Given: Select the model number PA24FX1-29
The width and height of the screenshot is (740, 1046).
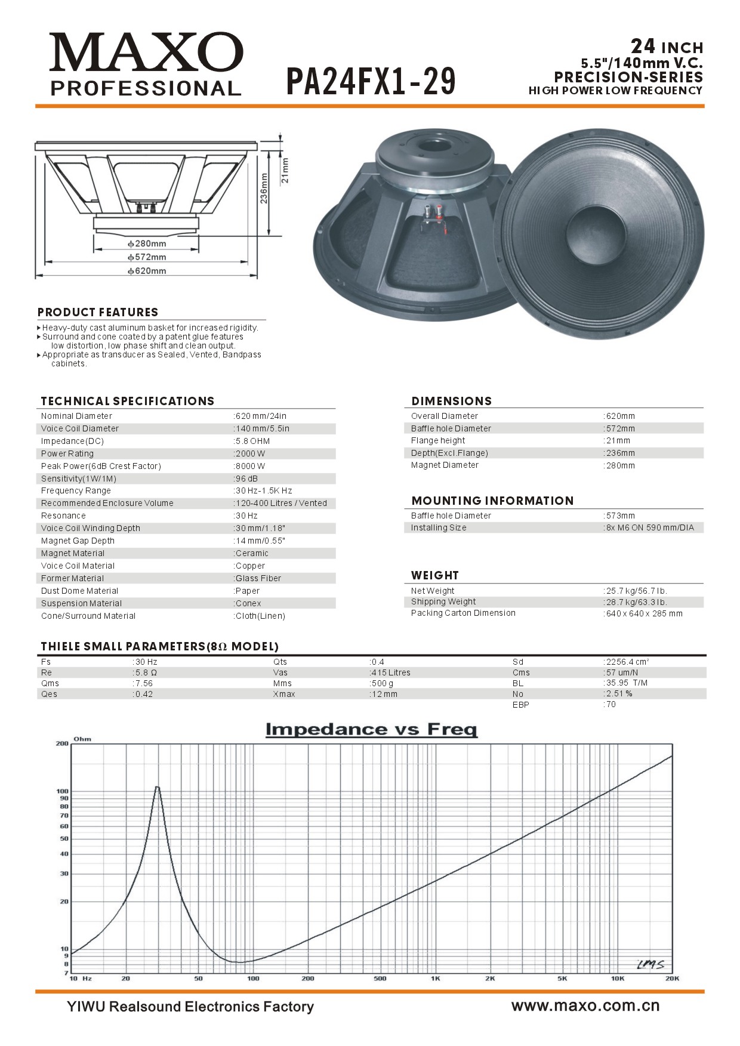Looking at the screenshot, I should point(371,82).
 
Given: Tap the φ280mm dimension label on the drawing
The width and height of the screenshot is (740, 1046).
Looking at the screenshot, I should point(147,243).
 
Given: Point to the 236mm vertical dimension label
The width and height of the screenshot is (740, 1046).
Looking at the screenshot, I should point(264,188).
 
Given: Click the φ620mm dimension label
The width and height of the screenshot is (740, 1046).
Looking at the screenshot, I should point(147,271).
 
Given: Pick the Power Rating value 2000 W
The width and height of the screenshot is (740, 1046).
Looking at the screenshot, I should point(251,453).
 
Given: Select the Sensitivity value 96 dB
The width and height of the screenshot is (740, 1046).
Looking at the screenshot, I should point(247,479).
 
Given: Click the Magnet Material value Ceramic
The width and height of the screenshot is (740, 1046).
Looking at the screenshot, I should point(252,553).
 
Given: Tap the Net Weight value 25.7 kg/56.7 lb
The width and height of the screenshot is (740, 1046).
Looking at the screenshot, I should point(637,591).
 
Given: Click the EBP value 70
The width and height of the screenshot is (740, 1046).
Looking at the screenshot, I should point(610,705).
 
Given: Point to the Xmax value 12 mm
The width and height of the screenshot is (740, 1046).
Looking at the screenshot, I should point(385,694).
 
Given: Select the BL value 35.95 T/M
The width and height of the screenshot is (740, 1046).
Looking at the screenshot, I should point(627,683).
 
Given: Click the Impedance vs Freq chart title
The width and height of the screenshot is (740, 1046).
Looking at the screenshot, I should point(371,729).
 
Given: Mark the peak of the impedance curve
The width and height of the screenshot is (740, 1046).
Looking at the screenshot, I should point(158,787).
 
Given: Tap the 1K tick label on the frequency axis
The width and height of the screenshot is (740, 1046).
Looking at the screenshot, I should point(435,979).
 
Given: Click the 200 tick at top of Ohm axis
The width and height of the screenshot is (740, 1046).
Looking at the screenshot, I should point(62,744).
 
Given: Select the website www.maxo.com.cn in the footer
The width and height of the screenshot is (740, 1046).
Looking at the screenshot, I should point(585,1006).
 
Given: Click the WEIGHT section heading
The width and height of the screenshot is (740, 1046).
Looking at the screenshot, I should point(435,575).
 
